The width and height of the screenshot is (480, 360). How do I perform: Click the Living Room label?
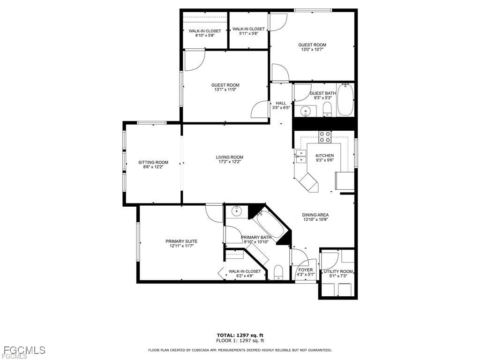[229, 157]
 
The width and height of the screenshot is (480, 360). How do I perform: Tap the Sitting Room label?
[153, 163]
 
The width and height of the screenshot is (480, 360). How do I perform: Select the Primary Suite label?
[181, 241]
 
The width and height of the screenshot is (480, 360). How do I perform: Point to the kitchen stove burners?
[325, 137]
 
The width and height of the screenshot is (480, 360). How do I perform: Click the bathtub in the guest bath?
[345, 99]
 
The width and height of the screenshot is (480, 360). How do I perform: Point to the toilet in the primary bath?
[278, 272]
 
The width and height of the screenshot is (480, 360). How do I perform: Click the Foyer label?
[306, 270]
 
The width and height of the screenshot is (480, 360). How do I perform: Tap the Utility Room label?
[338, 271]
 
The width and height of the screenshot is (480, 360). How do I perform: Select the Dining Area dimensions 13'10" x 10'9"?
[315, 219]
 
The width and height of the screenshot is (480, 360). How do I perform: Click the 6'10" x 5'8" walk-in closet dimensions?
[205, 36]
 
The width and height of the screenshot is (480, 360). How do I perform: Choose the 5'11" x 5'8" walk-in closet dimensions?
[248, 34]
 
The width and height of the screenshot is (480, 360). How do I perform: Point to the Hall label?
[281, 103]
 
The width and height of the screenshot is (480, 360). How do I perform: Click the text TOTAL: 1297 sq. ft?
[240, 335]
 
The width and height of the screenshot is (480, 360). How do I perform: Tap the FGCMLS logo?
[23, 351]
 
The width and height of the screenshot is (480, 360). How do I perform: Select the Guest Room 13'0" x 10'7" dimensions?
[312, 49]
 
